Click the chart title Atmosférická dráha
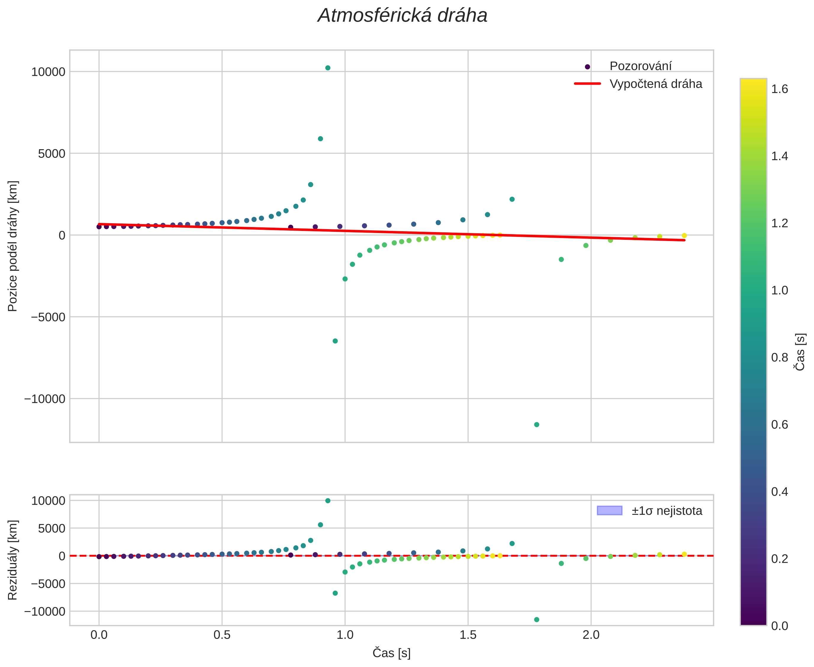402,16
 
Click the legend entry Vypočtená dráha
655,84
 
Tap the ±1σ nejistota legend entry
667,511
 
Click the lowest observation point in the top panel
536,425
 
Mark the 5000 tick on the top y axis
52,154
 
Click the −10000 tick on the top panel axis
45,399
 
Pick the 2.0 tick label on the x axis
591,635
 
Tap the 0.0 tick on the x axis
99,635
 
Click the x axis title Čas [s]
391,653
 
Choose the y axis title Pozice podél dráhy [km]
13,246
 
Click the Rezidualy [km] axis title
13,560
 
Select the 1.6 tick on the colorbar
779,89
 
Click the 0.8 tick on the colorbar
779,357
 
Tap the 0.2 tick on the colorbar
779,559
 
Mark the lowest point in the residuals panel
536,619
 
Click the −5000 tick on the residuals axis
45,584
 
